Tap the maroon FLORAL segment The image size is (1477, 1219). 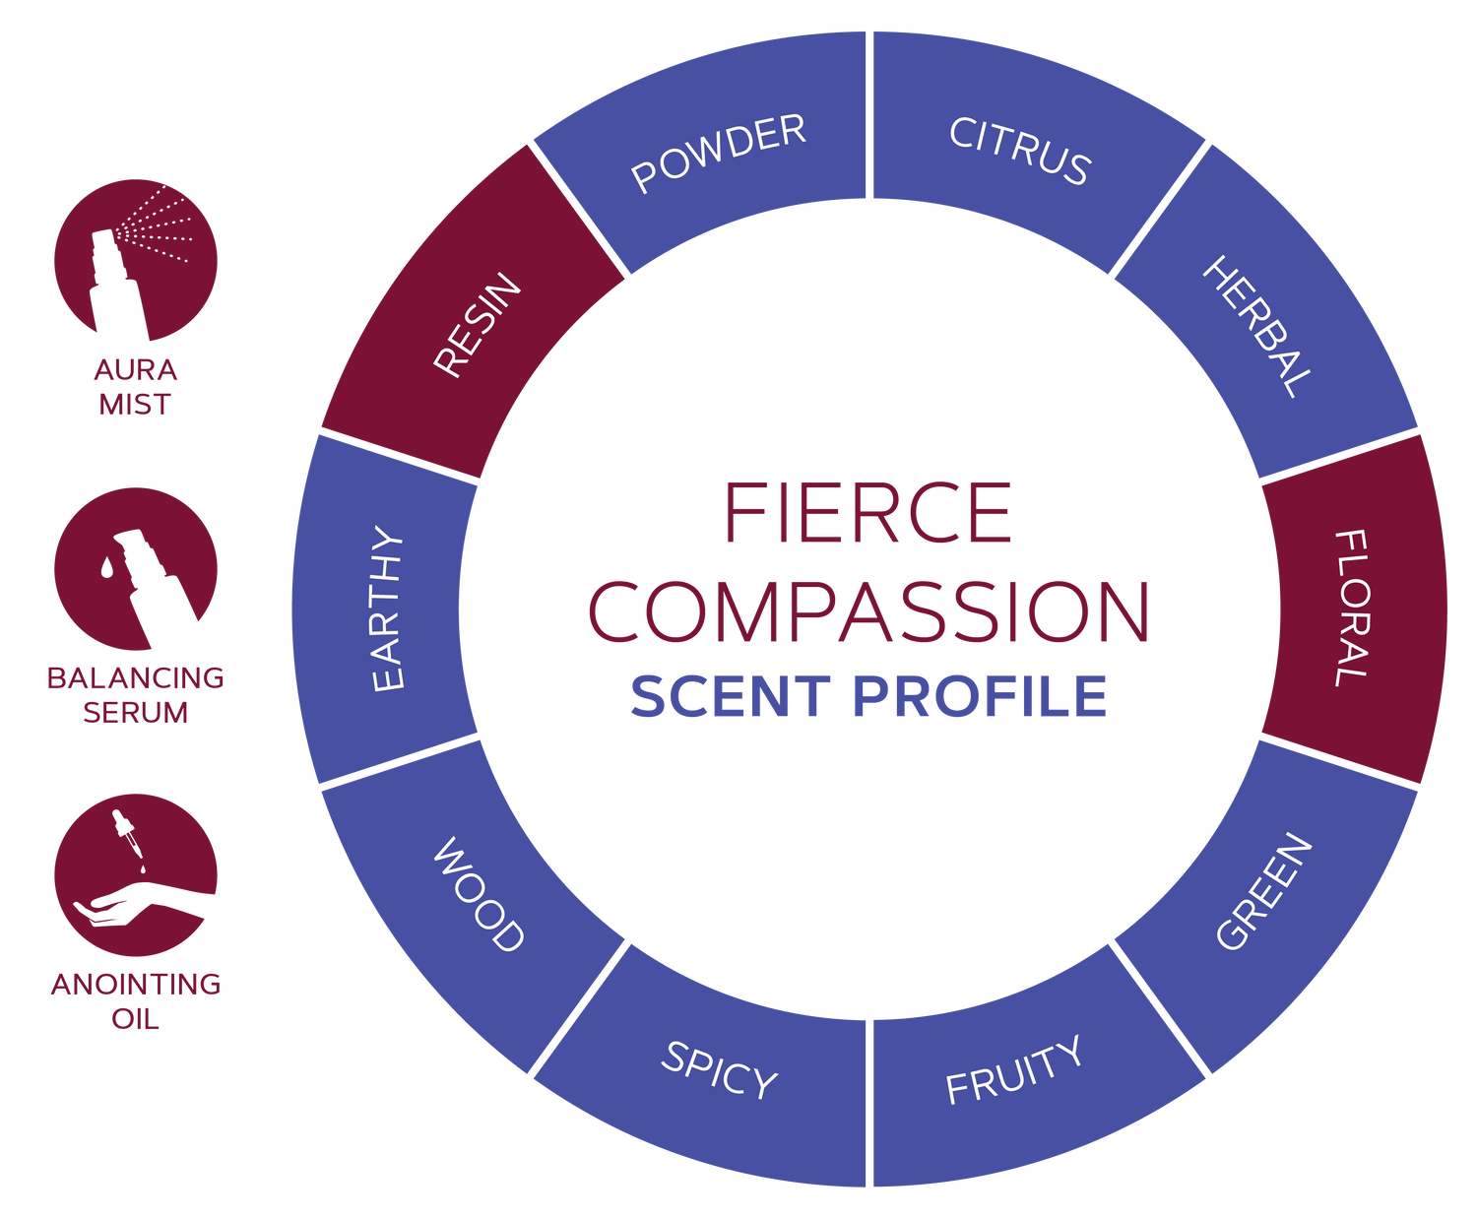coord(1352,608)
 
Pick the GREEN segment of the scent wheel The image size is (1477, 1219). coord(1264,891)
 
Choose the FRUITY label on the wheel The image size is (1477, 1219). coord(1014,1070)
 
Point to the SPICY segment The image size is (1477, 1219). coord(719,1070)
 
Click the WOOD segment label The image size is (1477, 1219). coord(479,894)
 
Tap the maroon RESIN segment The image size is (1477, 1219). coord(478,325)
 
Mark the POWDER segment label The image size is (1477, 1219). coord(719,153)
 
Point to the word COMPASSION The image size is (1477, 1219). coord(868,611)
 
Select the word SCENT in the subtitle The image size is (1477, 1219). coord(731,696)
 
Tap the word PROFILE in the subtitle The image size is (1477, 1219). coord(980,696)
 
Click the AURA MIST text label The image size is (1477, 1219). coord(135,387)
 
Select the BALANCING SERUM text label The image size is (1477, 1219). coord(135,694)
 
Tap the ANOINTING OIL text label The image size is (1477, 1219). coord(135,1000)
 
